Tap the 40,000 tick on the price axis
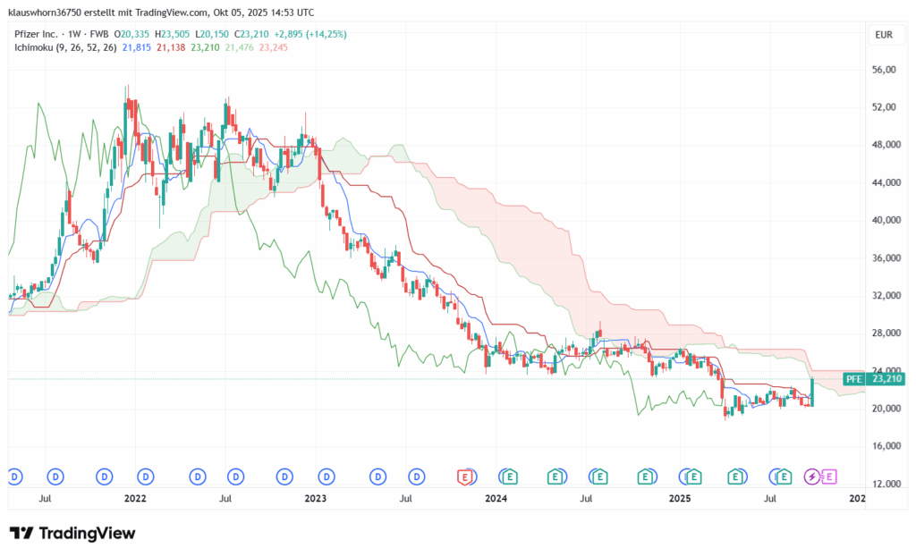point(885,220)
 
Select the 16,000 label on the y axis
point(885,446)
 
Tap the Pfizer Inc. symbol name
point(33,34)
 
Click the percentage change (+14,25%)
point(327,34)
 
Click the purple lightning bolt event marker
point(812,477)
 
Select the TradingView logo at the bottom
point(73,534)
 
